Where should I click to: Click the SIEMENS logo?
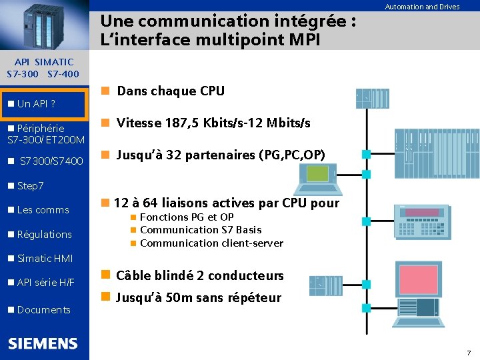coord(43,343)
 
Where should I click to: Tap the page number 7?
coord(469,352)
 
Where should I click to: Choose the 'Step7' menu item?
coord(31,185)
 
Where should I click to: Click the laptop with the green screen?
coord(319,176)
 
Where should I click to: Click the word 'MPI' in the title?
coord(304,39)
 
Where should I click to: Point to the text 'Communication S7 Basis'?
coord(201,230)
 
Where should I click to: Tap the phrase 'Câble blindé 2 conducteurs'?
coord(200,275)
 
